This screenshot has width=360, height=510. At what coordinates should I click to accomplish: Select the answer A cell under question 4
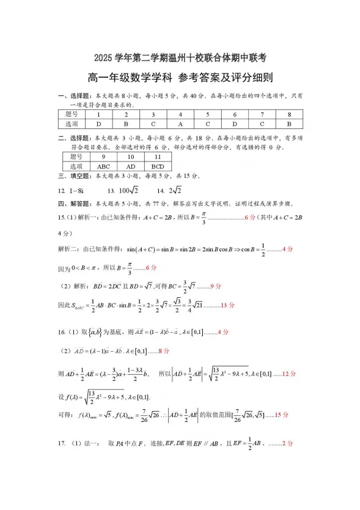click(180, 124)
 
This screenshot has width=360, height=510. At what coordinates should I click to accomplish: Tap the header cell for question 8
click(288, 114)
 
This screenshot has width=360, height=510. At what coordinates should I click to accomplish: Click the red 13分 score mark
click(227, 305)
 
